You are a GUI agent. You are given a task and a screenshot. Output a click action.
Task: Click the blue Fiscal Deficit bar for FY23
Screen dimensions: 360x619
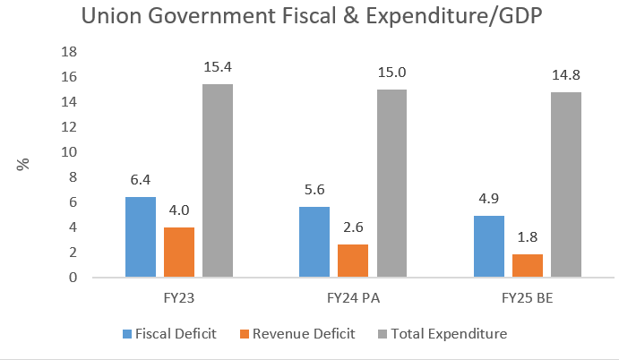pos(141,237)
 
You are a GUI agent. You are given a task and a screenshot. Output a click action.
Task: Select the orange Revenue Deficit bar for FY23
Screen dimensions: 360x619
pos(179,253)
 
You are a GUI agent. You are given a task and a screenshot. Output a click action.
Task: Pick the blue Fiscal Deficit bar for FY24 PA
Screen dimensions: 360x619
pos(314,242)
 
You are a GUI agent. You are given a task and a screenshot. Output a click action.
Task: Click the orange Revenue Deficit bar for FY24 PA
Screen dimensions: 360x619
pos(352,261)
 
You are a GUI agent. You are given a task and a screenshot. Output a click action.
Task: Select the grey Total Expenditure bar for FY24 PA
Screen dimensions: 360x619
pos(391,184)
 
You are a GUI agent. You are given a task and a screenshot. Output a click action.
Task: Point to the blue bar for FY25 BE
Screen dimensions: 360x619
pos(488,246)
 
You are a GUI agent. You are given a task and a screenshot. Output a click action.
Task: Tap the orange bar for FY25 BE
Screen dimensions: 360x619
pos(527,266)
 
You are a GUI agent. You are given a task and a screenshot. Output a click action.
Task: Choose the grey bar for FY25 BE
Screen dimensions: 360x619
pos(565,184)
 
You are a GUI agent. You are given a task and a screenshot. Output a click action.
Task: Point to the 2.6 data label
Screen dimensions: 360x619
pos(352,228)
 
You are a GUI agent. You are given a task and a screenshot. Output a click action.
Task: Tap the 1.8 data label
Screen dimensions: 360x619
pos(527,238)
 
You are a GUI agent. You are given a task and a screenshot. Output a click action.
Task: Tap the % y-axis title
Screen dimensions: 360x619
pos(24,164)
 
